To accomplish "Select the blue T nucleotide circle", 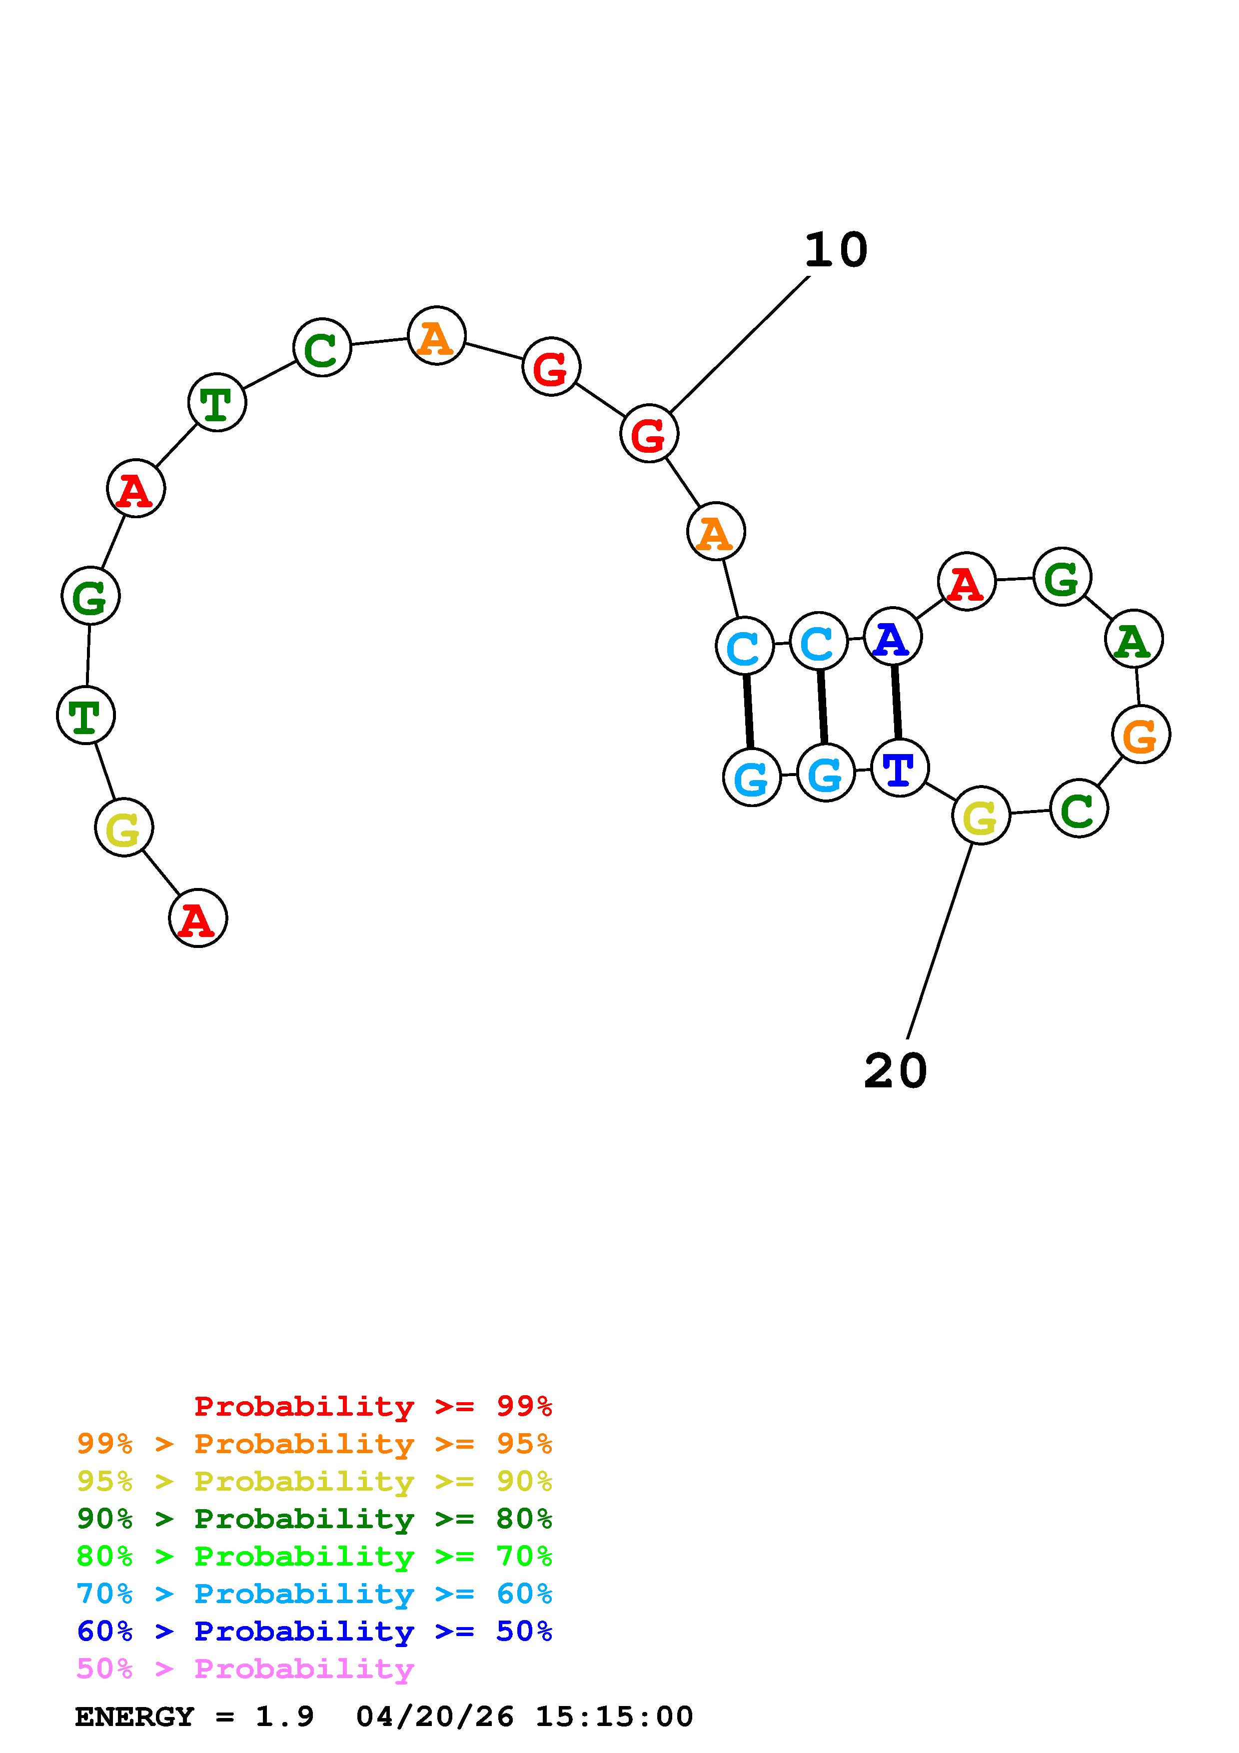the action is coord(899,768).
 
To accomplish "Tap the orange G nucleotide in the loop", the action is coord(1141,735).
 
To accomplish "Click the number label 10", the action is coord(836,250).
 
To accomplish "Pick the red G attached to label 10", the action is coord(649,434).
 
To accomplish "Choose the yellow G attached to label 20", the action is coord(981,816).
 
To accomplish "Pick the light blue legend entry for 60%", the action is coord(314,1594).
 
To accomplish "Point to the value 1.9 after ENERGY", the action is coord(285,1717).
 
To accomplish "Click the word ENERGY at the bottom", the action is coord(134,1717).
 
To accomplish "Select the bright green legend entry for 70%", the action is coord(314,1556).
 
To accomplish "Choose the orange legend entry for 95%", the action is coord(314,1444).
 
